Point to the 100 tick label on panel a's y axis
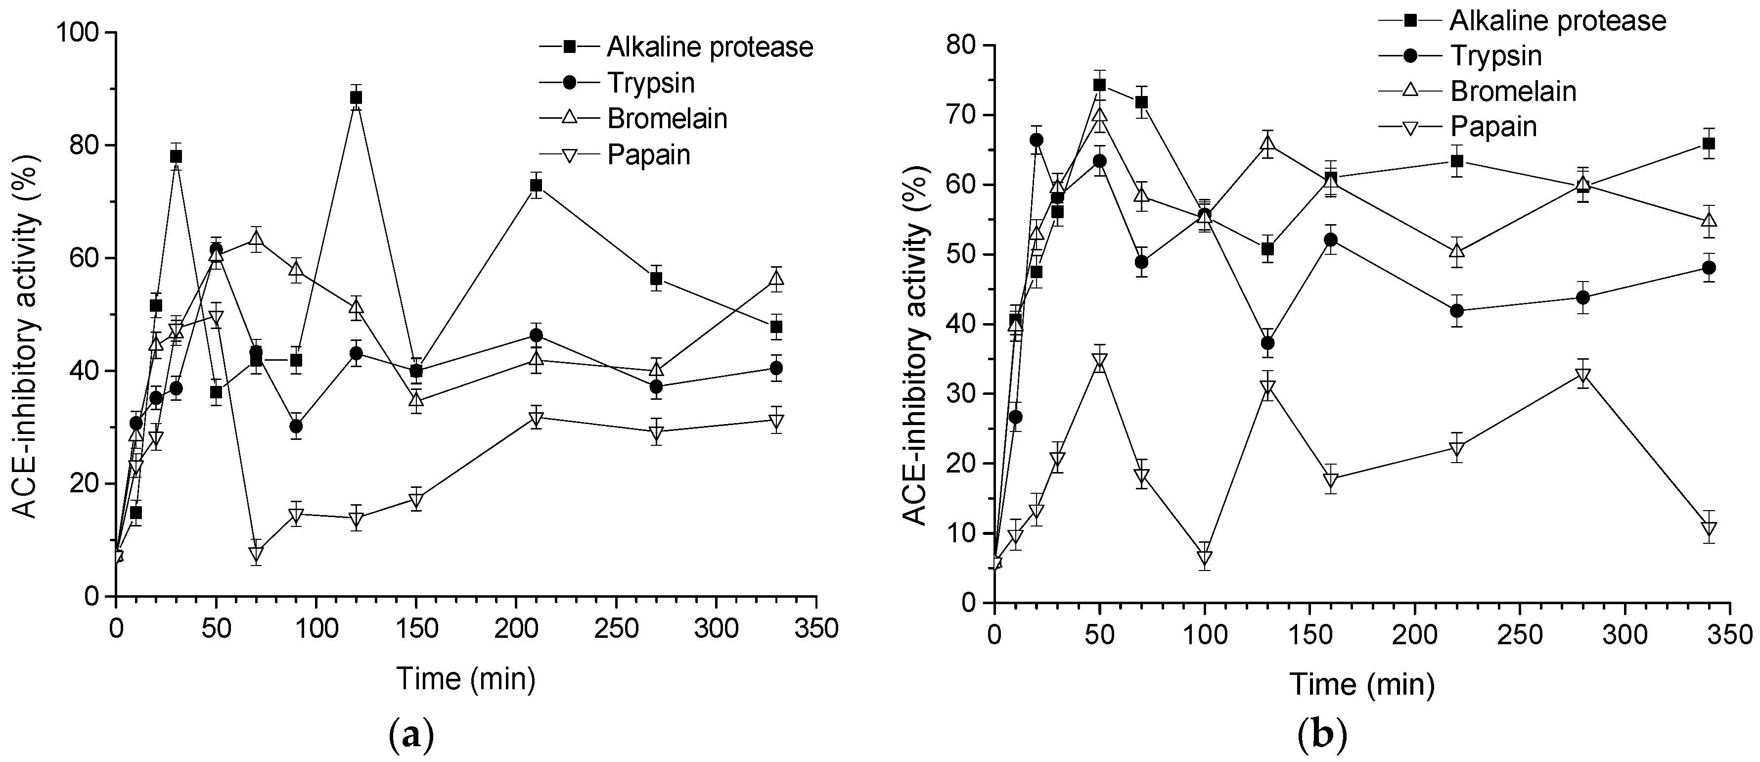(x=81, y=33)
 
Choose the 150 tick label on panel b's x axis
(x=1309, y=635)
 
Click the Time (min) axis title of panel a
(x=465, y=678)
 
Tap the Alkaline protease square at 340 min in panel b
(x=1709, y=143)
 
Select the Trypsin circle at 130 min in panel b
(x=1267, y=343)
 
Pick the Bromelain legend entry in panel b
(x=1513, y=92)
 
